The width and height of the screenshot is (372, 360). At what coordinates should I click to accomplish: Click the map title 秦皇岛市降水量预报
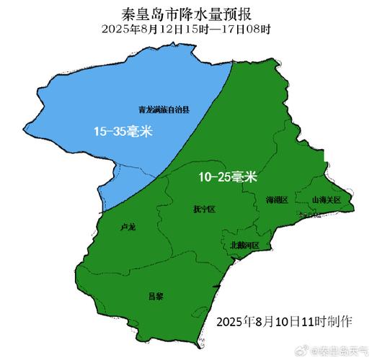(186, 14)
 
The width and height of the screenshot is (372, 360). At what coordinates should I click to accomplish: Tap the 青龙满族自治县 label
(164, 110)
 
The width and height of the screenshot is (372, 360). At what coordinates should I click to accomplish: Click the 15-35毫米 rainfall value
(124, 131)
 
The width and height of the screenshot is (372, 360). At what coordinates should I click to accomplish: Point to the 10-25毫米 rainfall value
(227, 176)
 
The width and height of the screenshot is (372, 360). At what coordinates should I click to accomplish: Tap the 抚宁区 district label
(204, 210)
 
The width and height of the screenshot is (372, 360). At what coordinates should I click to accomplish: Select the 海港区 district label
(277, 199)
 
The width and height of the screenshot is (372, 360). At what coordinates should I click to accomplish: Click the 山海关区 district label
(326, 199)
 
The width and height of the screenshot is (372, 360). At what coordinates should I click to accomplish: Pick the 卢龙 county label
(128, 228)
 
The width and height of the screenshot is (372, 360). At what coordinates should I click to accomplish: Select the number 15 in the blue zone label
(101, 131)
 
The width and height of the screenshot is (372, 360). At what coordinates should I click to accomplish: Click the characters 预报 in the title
(243, 14)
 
